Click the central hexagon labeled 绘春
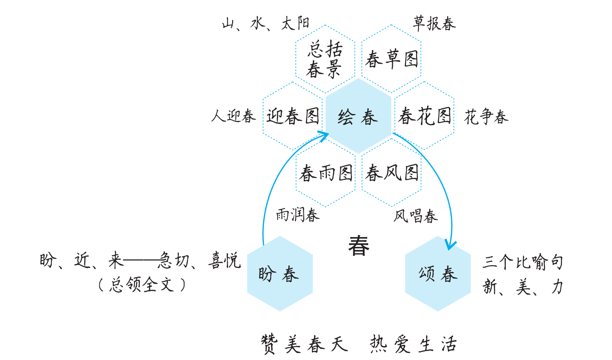(358, 116)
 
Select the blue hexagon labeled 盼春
(280, 274)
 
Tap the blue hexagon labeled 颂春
(438, 274)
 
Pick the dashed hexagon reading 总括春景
(325, 59)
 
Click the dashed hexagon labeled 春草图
(391, 59)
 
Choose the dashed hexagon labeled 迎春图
(293, 116)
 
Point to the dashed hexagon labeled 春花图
(425, 116)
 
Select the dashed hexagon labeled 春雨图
(325, 173)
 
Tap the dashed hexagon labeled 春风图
(391, 173)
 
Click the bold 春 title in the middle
(359, 246)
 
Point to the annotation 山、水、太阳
(265, 24)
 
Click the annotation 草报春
(434, 24)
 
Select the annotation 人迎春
(233, 116)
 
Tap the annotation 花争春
(486, 117)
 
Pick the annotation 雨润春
(298, 215)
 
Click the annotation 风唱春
(415, 216)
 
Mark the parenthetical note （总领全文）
(142, 285)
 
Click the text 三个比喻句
(523, 262)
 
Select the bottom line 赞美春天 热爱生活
(359, 344)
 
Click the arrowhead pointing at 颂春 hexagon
(450, 246)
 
